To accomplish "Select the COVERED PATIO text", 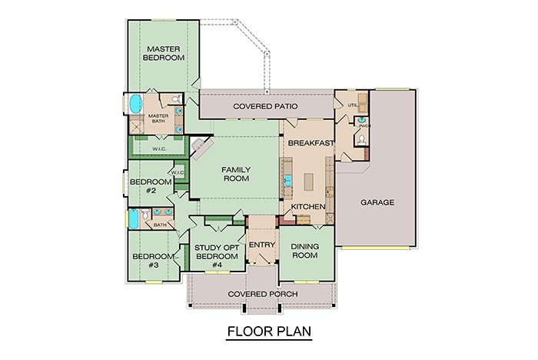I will point(267,105).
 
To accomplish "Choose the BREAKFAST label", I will point(310,144).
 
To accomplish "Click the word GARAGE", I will point(377,203).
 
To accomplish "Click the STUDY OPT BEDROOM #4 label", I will point(214,256).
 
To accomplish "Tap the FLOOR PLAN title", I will point(268,333).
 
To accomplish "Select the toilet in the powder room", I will point(360,140).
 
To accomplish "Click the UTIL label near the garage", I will point(353,105).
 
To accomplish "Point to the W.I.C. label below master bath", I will point(159,148).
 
